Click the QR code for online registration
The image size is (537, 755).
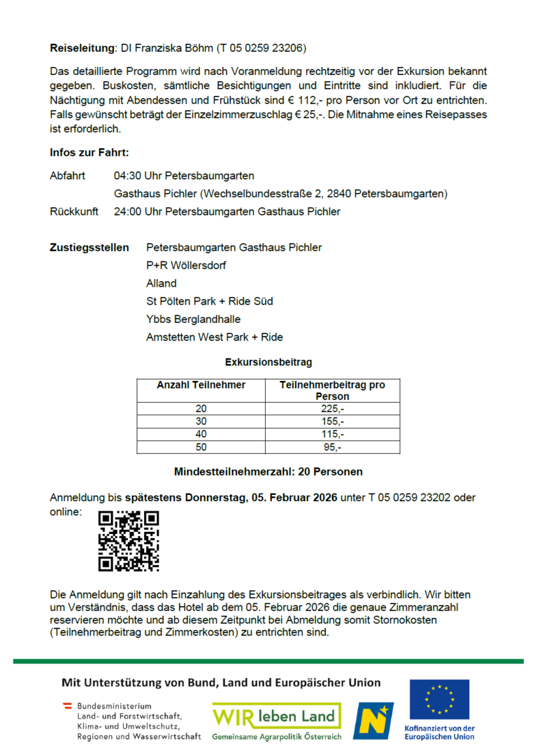[x=129, y=541]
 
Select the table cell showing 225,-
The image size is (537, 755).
[x=332, y=409]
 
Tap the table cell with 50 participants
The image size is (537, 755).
[x=201, y=447]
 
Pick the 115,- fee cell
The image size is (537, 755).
[x=332, y=434]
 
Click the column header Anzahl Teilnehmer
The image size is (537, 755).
[x=201, y=385]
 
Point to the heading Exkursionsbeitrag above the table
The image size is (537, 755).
[x=268, y=362]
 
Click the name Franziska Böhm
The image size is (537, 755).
[x=169, y=48]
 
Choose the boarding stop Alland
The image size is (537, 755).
[x=162, y=283]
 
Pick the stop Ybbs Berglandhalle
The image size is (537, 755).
[x=193, y=319]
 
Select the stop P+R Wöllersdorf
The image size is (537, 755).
[x=186, y=266]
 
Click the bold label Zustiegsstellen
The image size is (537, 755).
[x=89, y=247]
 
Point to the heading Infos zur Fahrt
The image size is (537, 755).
[x=89, y=152]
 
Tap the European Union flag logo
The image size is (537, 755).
[x=440, y=700]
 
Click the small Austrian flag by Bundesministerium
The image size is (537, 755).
[x=68, y=705]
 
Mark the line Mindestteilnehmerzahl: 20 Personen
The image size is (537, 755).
[x=268, y=472]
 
